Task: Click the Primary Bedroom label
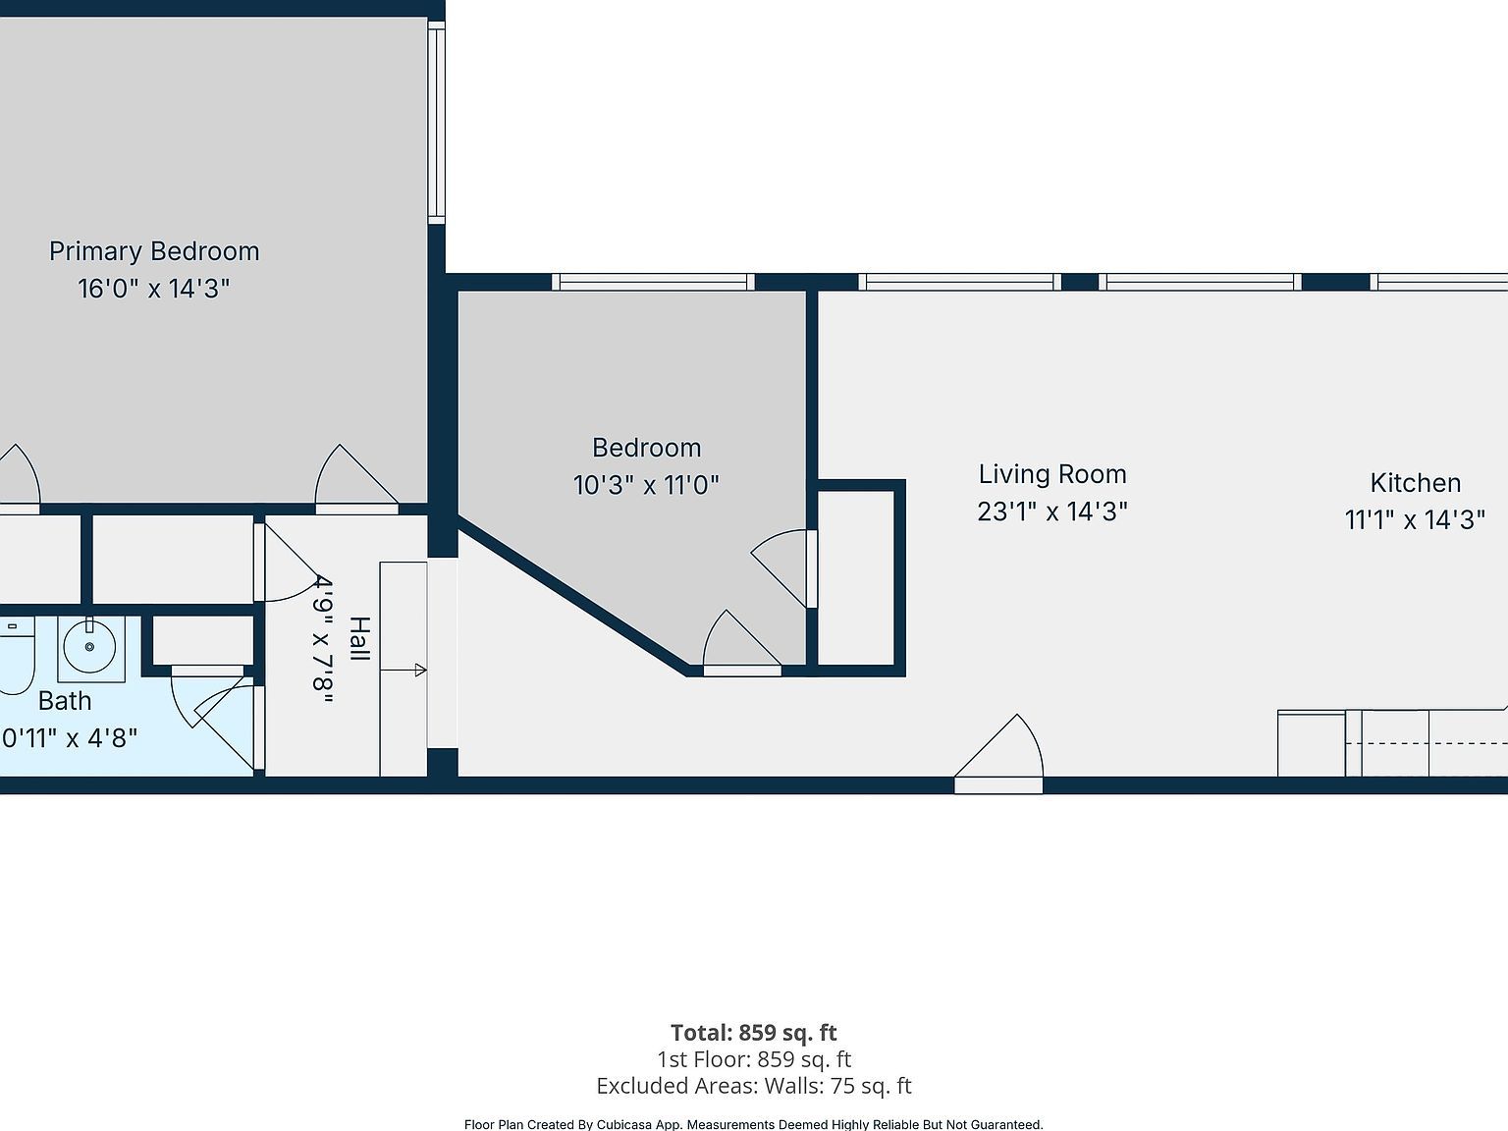pyautogui.click(x=154, y=251)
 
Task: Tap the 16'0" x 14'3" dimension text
pyautogui.click(x=154, y=289)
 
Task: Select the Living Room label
pyautogui.click(x=1051, y=474)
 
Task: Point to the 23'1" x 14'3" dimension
pyautogui.click(x=1051, y=512)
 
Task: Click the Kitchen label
pyautogui.click(x=1415, y=483)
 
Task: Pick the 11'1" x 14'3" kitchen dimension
pyautogui.click(x=1415, y=519)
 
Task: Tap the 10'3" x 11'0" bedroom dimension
pyautogui.click(x=646, y=485)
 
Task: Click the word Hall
pyautogui.click(x=360, y=639)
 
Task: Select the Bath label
pyautogui.click(x=65, y=701)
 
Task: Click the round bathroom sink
pyautogui.click(x=90, y=648)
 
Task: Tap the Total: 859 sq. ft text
pyautogui.click(x=753, y=1033)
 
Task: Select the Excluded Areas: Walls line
pyautogui.click(x=753, y=1086)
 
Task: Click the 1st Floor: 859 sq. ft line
pyautogui.click(x=753, y=1059)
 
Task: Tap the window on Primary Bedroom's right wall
pyautogui.click(x=436, y=122)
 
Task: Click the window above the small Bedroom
pyautogui.click(x=653, y=282)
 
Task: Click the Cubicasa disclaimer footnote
pyautogui.click(x=753, y=1124)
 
